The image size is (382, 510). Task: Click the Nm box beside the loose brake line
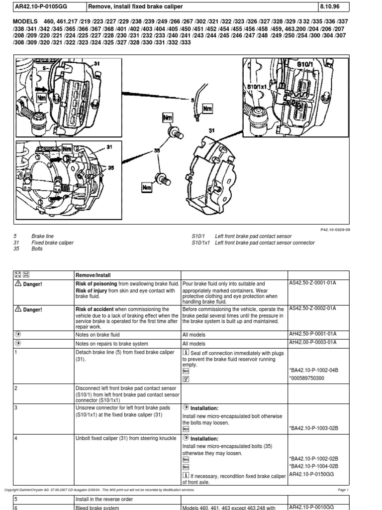[x=207, y=108]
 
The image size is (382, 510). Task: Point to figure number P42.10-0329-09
[x=335, y=229]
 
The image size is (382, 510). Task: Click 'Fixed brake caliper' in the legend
[x=52, y=243]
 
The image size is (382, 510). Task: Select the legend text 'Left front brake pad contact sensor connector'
[x=265, y=243]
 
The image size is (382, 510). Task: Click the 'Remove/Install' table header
[x=93, y=274]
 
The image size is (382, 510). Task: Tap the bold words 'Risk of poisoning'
[x=96, y=283]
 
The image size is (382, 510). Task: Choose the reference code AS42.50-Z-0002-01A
[x=313, y=309]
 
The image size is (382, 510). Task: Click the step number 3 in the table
[x=16, y=407]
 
